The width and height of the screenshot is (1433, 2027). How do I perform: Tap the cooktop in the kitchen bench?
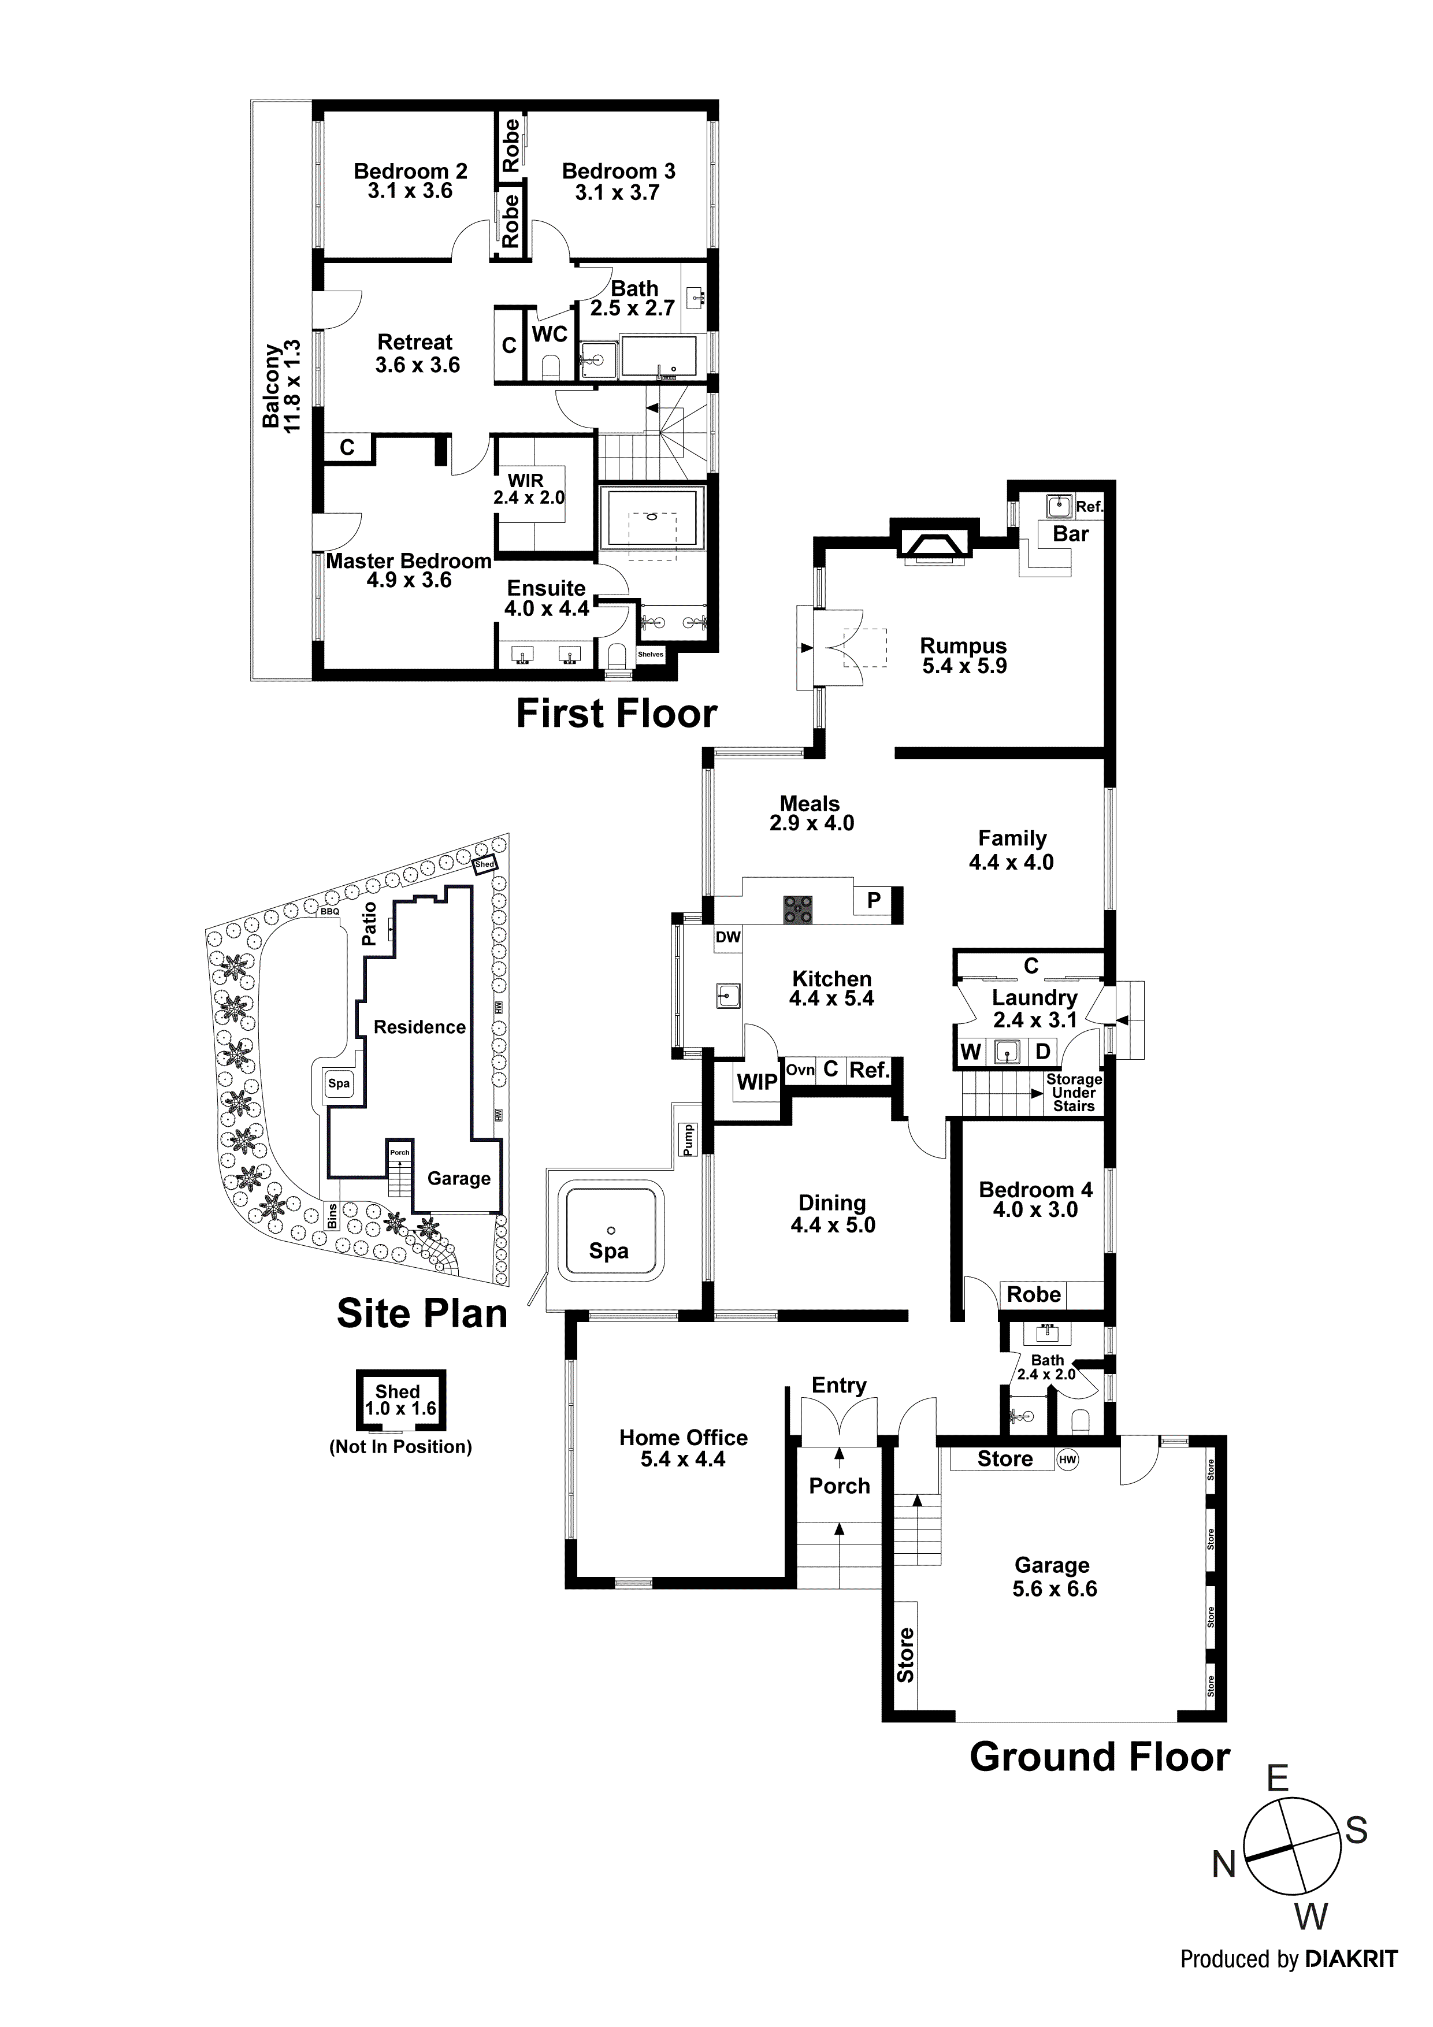798,909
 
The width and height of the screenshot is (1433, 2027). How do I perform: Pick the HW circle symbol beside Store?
1067,1460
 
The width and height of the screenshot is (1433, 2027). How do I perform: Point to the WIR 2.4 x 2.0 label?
528,489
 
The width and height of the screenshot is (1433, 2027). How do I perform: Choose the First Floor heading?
617,714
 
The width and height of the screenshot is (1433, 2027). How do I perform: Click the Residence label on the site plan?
419,1027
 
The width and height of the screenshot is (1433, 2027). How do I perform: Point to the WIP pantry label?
757,1082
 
